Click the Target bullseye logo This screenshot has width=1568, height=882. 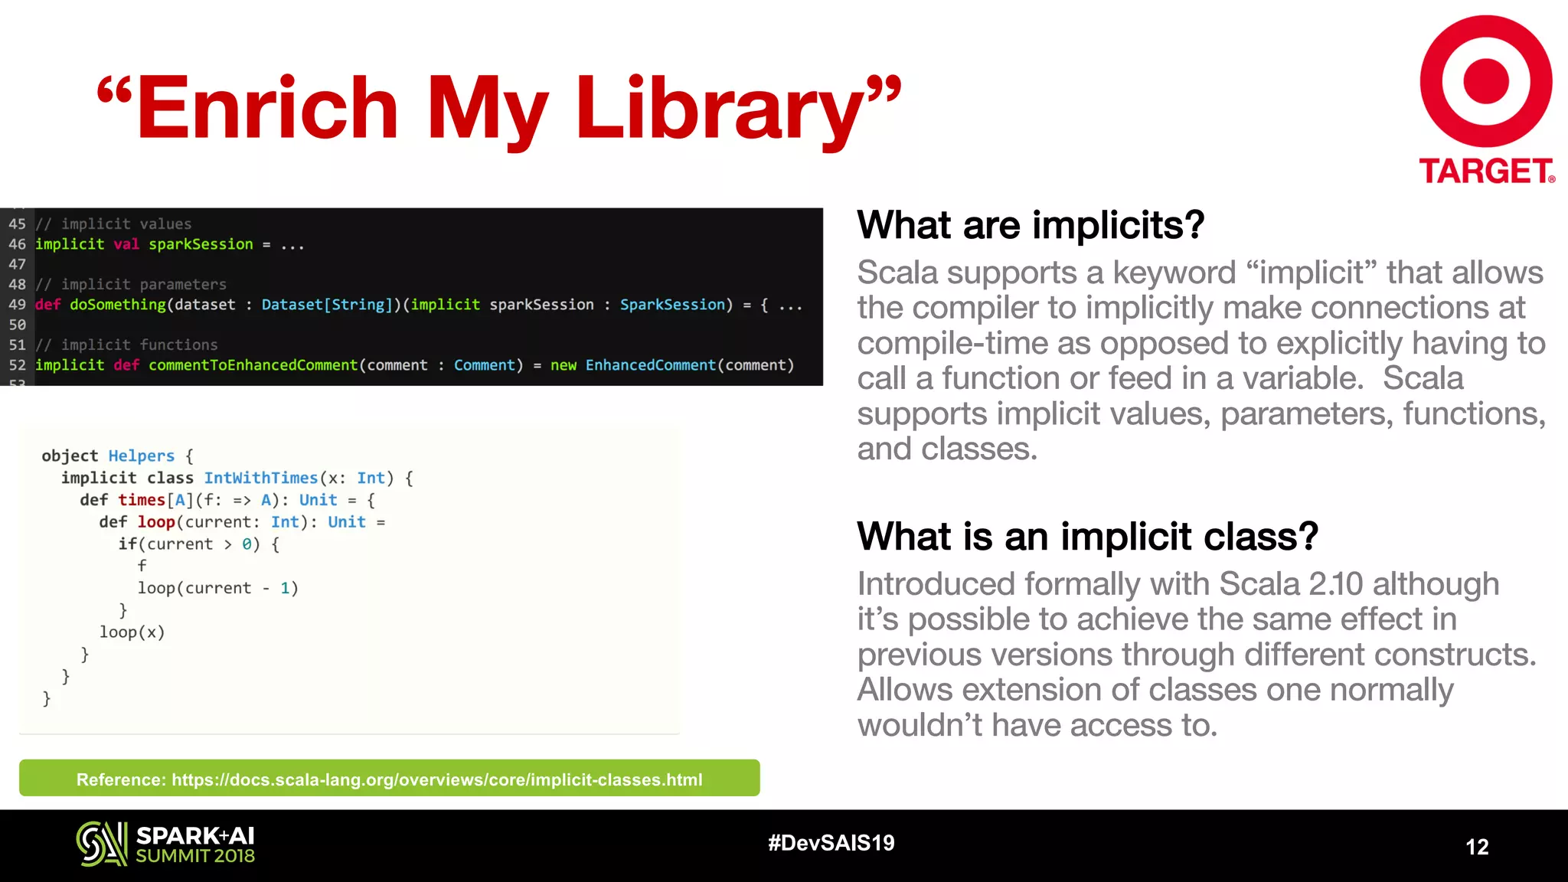(1485, 81)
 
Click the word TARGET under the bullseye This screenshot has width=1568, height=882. (1485, 171)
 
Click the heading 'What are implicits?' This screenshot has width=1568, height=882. (1030, 225)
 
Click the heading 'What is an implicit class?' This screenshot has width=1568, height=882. (1087, 536)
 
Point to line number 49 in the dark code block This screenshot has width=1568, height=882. (17, 305)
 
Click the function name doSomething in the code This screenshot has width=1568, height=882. (117, 305)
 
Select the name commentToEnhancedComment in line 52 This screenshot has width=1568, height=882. (253, 365)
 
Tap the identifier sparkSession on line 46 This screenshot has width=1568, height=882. (201, 244)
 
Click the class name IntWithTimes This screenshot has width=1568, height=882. (260, 478)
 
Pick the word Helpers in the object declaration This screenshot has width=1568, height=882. (142, 456)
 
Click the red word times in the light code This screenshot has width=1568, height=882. (142, 500)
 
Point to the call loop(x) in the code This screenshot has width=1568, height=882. (132, 632)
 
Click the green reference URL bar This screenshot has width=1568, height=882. (389, 779)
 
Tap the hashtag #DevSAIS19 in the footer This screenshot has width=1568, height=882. (831, 843)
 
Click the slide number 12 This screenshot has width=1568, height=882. (1477, 847)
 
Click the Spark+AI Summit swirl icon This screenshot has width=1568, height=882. (101, 844)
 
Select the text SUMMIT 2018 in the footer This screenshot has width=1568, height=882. (195, 856)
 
